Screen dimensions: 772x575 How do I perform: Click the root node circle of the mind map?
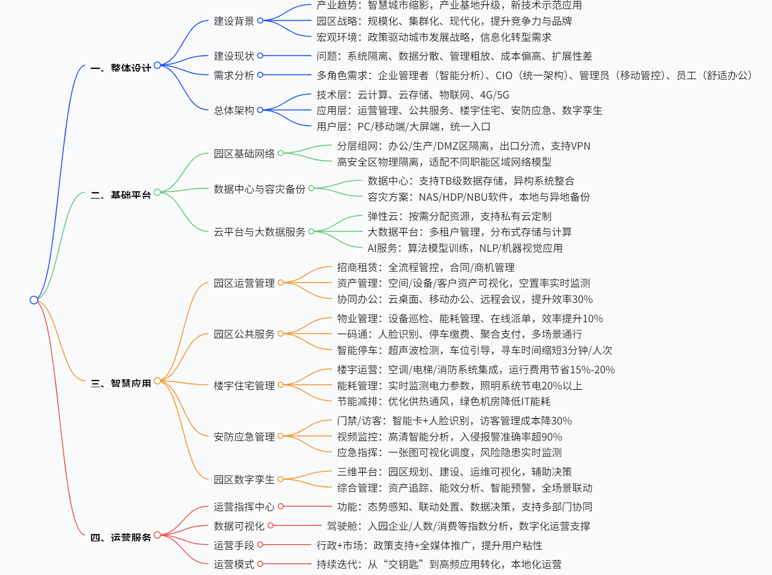click(34, 300)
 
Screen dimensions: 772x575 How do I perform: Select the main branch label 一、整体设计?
click(121, 68)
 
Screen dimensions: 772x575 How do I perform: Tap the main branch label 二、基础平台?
click(121, 195)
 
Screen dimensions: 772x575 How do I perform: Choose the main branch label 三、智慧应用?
click(121, 383)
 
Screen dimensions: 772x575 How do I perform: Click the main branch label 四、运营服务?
click(121, 537)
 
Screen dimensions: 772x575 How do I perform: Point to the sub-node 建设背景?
click(234, 21)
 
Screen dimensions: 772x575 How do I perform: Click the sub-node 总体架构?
click(234, 110)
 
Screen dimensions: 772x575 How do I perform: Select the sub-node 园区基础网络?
click(244, 154)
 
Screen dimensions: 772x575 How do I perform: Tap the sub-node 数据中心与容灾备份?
click(259, 189)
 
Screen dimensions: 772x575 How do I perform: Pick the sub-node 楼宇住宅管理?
click(244, 386)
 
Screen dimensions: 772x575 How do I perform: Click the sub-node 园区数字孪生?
click(244, 480)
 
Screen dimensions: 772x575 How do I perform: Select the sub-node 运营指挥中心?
click(244, 507)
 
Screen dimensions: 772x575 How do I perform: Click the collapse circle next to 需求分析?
click(260, 75)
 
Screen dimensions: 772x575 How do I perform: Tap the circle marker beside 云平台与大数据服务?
click(311, 232)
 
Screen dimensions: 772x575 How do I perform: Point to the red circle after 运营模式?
click(260, 564)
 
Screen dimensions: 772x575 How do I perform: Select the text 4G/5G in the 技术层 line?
click(494, 95)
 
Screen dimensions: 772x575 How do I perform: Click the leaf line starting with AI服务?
click(464, 249)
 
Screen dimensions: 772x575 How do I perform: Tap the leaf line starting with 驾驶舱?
click(458, 526)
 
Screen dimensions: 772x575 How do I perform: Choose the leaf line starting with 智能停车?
click(474, 350)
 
